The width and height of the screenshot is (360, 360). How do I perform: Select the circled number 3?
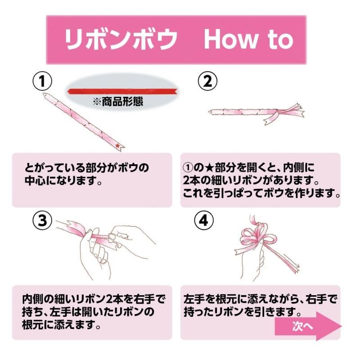[42, 221]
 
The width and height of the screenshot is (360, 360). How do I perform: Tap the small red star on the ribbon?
[118, 146]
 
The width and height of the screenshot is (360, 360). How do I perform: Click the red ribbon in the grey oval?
[121, 92]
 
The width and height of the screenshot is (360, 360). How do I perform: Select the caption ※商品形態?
[118, 102]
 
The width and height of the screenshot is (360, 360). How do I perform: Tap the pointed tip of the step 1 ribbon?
[45, 95]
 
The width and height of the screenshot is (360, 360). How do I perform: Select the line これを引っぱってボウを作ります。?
[261, 194]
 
